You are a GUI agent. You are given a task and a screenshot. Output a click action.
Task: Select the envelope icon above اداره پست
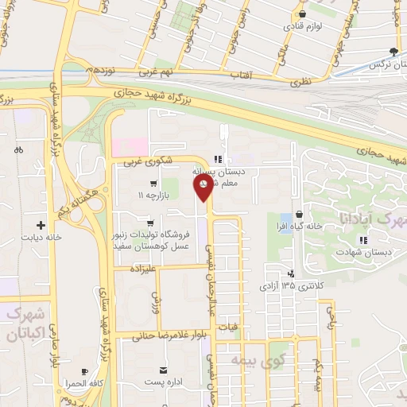point(164,370)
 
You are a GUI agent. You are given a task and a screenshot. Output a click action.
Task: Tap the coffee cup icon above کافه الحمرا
point(84,371)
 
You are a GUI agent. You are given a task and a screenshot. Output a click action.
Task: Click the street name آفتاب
point(241,73)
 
